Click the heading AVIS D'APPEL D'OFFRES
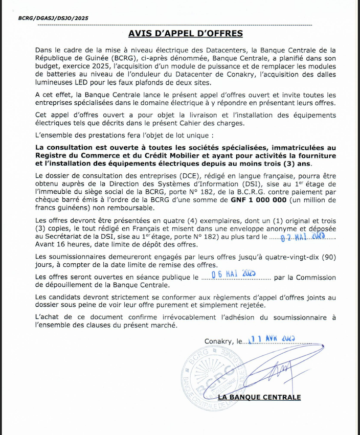185,34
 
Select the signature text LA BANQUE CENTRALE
259,397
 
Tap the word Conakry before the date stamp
218,341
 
